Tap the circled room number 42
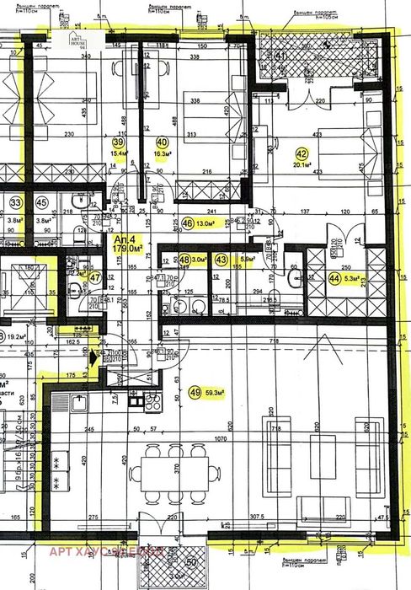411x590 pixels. coord(302,153)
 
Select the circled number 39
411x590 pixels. coord(119,142)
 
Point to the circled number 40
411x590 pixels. coord(163,142)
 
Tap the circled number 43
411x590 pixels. coord(222,260)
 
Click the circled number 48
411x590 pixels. coord(184,260)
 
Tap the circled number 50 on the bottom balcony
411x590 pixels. coord(190,563)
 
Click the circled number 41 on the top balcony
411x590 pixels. coord(282,57)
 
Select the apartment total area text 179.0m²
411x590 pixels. coord(130,248)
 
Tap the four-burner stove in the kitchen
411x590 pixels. coord(152,401)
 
